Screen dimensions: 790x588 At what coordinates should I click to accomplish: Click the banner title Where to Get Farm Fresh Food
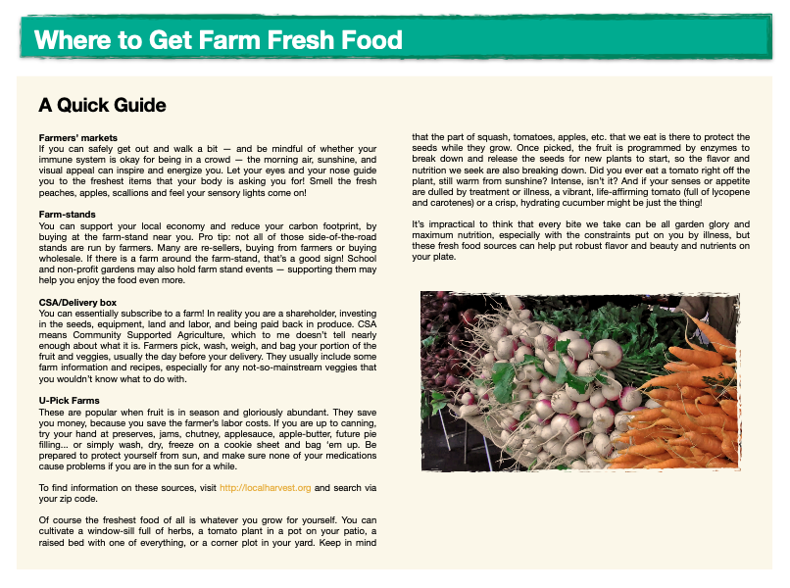click(x=219, y=40)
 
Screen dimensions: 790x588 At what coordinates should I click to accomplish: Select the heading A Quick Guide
click(x=102, y=105)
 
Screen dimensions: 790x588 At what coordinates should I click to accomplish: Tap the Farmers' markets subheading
click(x=78, y=137)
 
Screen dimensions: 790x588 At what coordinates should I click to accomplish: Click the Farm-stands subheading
click(x=67, y=215)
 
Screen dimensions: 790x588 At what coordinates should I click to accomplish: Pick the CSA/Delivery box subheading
click(x=77, y=302)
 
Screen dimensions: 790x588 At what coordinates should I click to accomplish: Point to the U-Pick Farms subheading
click(x=69, y=401)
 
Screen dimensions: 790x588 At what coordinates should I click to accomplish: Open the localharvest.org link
click(x=265, y=488)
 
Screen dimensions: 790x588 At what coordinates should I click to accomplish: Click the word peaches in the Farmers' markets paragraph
click(x=55, y=193)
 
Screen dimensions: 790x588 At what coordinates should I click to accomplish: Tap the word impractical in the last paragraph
click(x=452, y=224)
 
